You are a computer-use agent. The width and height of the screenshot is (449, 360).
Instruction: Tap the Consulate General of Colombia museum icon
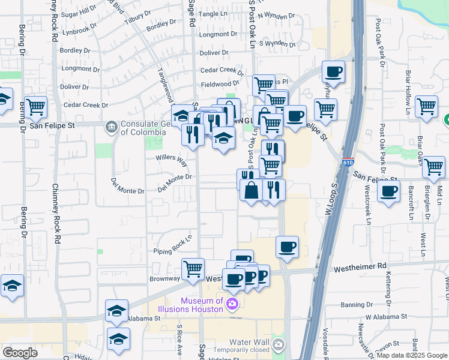pyautogui.click(x=111, y=127)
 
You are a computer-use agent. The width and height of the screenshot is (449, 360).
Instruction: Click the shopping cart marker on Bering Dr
pyautogui.click(x=35, y=107)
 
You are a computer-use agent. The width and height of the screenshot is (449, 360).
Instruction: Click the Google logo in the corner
pyautogui.click(x=20, y=353)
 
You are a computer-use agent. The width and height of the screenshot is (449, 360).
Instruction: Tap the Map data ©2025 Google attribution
pyautogui.click(x=411, y=355)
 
